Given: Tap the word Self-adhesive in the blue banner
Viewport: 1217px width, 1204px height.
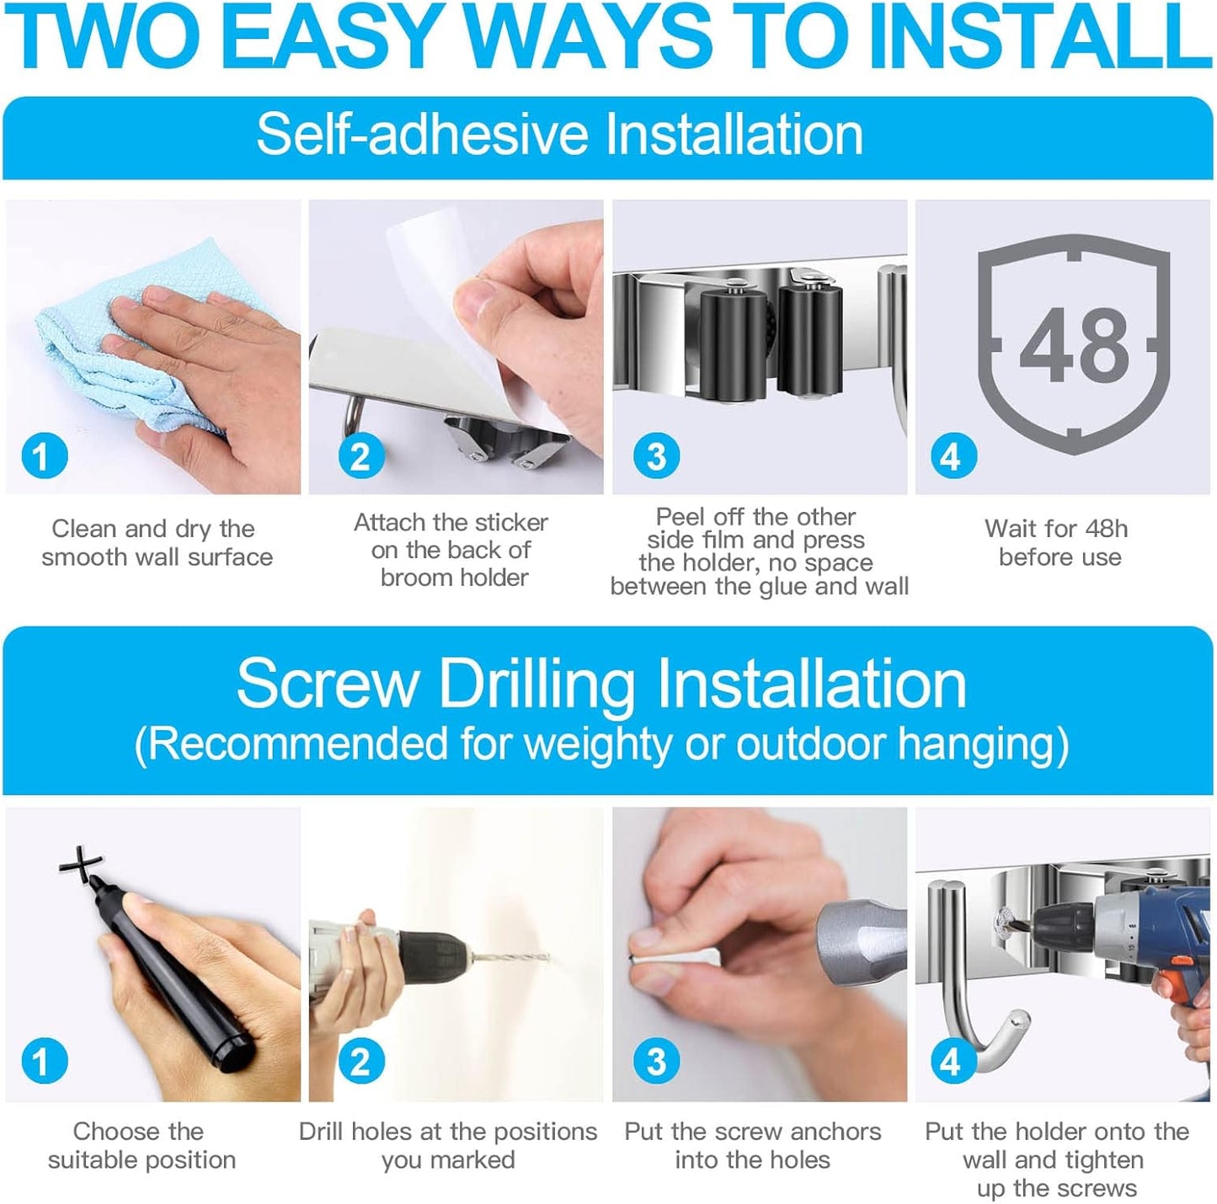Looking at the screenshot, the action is [x=422, y=134].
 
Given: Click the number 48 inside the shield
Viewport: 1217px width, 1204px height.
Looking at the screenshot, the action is [x=1075, y=345].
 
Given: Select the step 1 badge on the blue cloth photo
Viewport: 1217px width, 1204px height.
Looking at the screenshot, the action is [x=44, y=455].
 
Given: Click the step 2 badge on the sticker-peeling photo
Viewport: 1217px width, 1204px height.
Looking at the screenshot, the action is [x=361, y=455].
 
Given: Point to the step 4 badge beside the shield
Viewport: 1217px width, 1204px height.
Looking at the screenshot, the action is [x=953, y=455].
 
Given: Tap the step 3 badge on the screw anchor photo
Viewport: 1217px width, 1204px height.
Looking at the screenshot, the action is [x=657, y=1062].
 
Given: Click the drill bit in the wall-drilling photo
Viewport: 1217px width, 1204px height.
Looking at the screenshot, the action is [x=510, y=958].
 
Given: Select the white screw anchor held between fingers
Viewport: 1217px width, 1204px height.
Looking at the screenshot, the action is [x=675, y=958].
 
